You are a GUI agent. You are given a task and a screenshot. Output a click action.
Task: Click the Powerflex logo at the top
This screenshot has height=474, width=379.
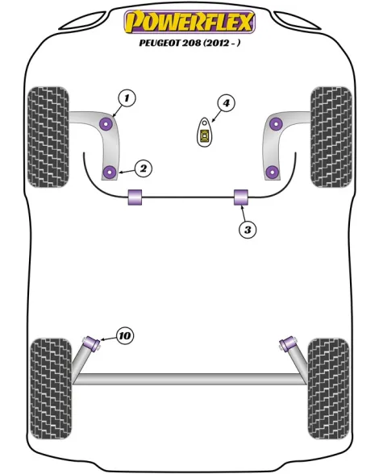189,22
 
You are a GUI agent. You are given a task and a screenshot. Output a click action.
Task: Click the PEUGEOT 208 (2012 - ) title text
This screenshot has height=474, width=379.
190,43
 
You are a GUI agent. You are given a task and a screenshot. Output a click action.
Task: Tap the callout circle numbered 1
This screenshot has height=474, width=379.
127,98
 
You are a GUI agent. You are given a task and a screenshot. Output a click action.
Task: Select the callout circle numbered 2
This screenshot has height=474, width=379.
143,168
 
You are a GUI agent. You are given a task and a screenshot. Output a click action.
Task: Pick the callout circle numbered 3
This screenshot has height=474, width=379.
248,230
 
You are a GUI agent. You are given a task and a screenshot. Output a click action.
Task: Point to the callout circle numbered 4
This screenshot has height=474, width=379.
226,103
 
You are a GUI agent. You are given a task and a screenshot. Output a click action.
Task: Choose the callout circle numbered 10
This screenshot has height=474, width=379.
125,335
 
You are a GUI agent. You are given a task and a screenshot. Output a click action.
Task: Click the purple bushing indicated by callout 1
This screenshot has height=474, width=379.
106,123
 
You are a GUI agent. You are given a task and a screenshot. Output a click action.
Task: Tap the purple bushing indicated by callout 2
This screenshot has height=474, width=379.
110,172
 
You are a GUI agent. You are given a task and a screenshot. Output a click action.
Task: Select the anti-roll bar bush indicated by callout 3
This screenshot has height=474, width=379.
241,197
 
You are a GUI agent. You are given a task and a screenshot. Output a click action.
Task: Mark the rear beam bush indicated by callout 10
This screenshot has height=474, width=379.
92,343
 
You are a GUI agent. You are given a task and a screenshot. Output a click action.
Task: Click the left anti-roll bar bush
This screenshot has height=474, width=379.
135,197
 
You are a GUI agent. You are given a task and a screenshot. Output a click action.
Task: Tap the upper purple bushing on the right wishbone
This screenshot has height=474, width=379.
276,123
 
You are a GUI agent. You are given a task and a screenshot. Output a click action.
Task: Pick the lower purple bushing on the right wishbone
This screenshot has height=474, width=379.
273,172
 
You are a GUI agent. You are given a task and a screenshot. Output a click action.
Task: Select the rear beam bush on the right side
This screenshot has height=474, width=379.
288,343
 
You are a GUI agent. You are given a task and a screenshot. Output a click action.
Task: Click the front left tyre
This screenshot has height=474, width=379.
48,137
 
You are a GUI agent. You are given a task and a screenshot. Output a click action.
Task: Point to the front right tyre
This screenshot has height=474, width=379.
331,137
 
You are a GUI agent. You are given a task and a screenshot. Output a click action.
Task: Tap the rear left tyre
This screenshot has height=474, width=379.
52,389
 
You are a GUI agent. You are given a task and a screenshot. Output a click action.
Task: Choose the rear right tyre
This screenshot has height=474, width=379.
328,389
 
